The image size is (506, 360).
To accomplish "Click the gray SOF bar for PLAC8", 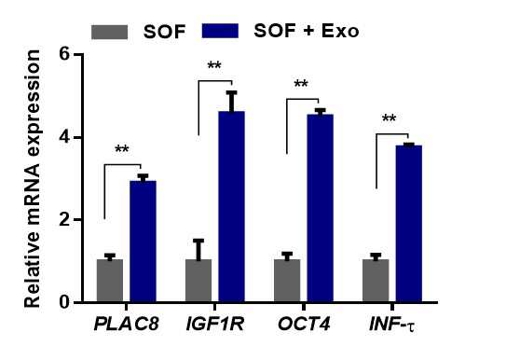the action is click(110, 280).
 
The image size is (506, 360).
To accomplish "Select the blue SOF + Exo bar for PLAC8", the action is click(143, 242).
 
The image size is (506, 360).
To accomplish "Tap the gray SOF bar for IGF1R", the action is click(198, 280).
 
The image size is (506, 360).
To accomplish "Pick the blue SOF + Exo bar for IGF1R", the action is click(232, 206).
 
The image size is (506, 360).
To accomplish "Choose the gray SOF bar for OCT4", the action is click(287, 280).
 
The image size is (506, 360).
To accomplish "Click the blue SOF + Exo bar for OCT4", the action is click(321, 208).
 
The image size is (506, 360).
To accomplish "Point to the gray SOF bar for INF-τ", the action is click(376, 280).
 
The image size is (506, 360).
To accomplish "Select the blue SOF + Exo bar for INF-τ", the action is click(409, 224).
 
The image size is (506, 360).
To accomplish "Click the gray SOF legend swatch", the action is click(110, 32).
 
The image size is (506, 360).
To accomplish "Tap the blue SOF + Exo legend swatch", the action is click(220, 31).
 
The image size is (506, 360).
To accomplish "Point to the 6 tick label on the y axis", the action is click(64, 54).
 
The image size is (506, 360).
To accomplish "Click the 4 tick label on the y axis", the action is click(64, 137).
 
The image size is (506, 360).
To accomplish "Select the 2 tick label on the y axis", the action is click(64, 220).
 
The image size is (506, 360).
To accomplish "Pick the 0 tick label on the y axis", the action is click(64, 302).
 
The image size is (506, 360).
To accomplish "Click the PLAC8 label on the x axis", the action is click(127, 324).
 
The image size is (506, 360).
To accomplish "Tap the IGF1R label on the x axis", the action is click(215, 324).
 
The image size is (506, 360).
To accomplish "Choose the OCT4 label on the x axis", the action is click(304, 324).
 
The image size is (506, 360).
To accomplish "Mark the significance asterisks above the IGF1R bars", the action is click(214, 65).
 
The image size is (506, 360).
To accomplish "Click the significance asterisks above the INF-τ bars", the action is click(389, 118).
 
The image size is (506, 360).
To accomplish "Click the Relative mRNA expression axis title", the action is click(33, 178).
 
